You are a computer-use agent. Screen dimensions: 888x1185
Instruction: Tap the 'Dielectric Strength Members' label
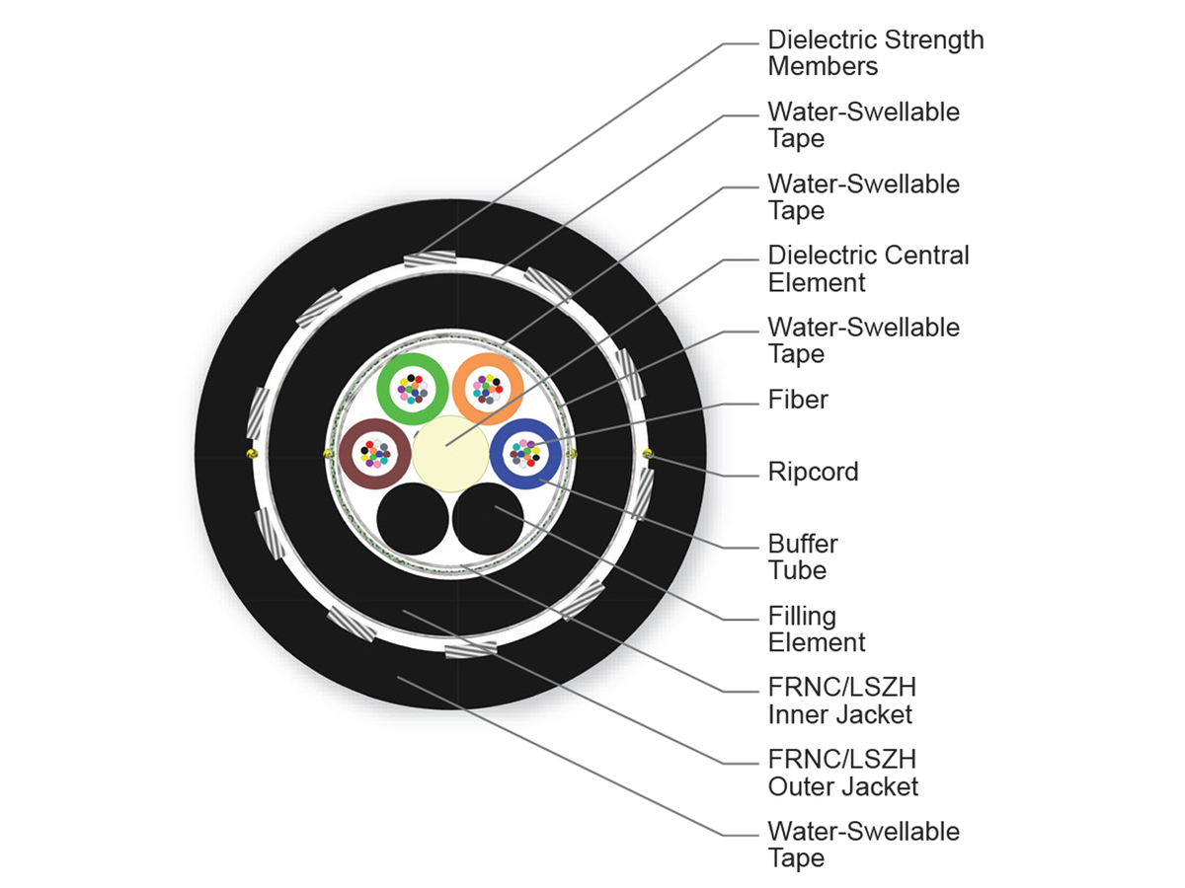(x=875, y=53)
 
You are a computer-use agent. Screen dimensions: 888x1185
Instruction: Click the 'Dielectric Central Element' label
(x=868, y=268)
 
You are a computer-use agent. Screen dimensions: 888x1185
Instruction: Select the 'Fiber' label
(x=798, y=400)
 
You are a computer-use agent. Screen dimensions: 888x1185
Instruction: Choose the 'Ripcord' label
(x=813, y=472)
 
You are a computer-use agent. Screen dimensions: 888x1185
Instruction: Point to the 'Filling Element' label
(x=816, y=629)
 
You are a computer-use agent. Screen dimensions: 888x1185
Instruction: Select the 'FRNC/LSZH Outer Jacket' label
(x=842, y=773)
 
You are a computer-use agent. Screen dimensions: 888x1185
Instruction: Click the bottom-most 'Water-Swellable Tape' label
(x=863, y=845)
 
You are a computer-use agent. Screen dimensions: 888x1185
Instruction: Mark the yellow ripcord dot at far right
(x=648, y=454)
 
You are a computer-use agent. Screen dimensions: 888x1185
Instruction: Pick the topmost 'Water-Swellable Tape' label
(x=863, y=124)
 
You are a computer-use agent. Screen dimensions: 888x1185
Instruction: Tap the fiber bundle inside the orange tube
(x=486, y=388)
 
